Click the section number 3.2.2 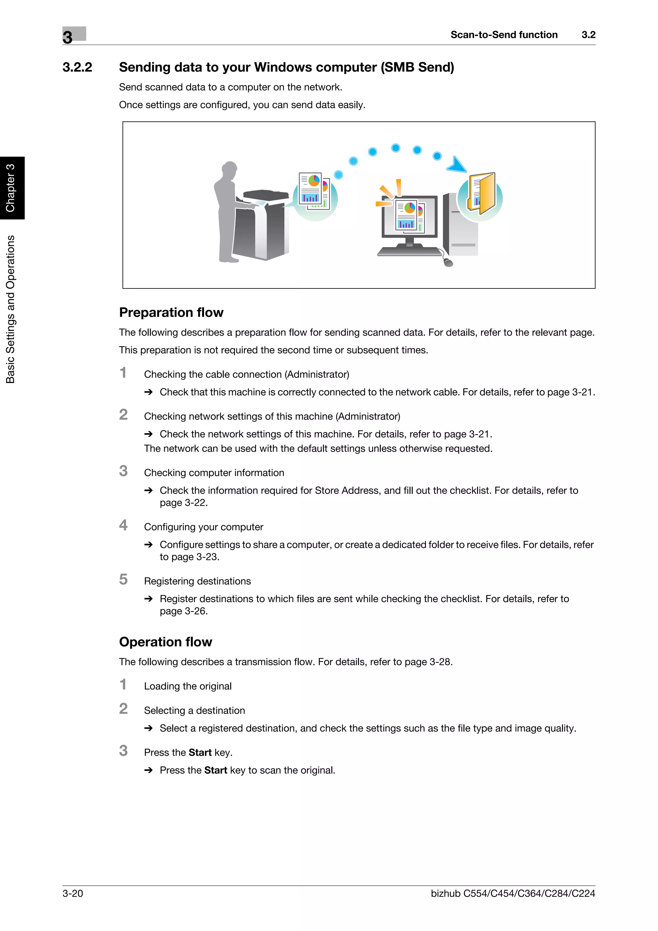tap(77, 67)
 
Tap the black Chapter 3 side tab tap(11, 188)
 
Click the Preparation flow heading tap(171, 312)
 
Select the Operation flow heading tap(165, 642)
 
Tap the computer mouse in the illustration tap(448, 263)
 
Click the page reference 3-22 tap(196, 503)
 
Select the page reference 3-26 tap(196, 611)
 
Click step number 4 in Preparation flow tap(123, 525)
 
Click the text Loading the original tap(188, 686)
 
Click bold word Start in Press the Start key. tap(200, 753)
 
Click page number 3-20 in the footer tap(73, 893)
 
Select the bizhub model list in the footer tap(512, 893)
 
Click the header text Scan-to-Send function tap(503, 35)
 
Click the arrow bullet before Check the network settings tap(148, 434)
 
